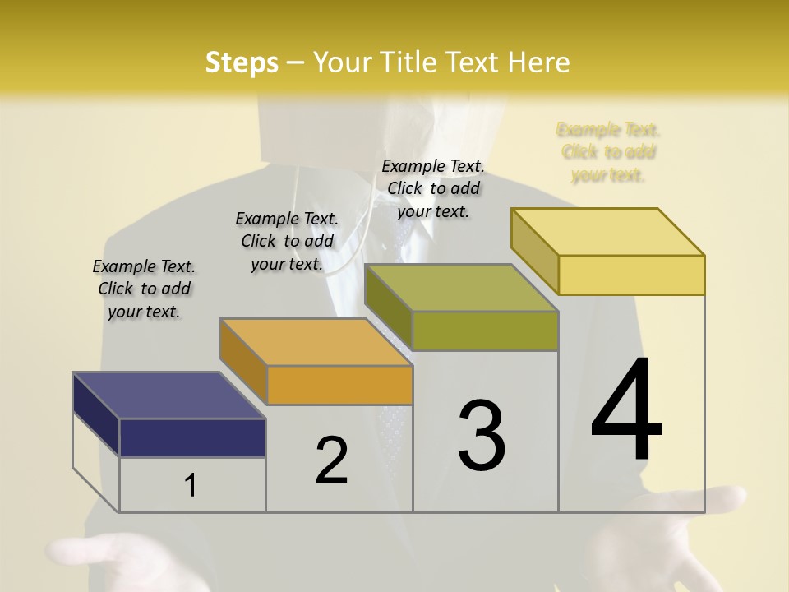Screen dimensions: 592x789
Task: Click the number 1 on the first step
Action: [191, 486]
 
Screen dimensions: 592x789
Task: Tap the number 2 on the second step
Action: [331, 460]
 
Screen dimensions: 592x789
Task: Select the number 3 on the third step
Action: [482, 435]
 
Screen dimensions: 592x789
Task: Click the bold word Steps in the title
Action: [242, 62]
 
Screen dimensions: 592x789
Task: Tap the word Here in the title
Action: [539, 62]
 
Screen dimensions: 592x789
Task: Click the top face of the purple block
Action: [168, 395]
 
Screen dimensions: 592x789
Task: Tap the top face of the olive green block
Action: [461, 288]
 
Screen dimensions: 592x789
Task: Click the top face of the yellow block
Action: [608, 232]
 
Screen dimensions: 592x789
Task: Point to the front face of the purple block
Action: [192, 437]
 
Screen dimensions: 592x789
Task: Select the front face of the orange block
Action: [339, 385]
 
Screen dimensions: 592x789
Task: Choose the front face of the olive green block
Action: [485, 331]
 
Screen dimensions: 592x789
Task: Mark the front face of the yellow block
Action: [631, 275]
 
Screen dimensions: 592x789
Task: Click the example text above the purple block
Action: [144, 289]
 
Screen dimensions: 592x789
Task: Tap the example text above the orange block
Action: [287, 241]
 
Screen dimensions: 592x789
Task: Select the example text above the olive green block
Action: [433, 188]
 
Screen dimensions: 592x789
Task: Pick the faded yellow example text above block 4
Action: [608, 152]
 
